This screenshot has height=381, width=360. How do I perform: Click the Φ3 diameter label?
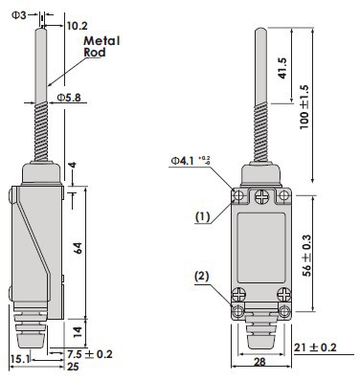point(19,15)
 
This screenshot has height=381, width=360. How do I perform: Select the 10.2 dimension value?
point(77,26)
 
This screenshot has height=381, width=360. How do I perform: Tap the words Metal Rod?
point(101,47)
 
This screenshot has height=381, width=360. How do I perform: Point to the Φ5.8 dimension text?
point(69,98)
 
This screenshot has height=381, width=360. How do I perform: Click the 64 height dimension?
point(79,248)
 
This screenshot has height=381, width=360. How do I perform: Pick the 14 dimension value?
point(79,332)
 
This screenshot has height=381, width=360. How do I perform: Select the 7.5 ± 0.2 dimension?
point(90,354)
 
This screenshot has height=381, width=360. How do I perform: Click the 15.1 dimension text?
point(20,359)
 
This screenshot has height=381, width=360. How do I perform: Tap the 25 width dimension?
point(73,367)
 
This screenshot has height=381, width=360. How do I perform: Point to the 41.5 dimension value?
point(282,68)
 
